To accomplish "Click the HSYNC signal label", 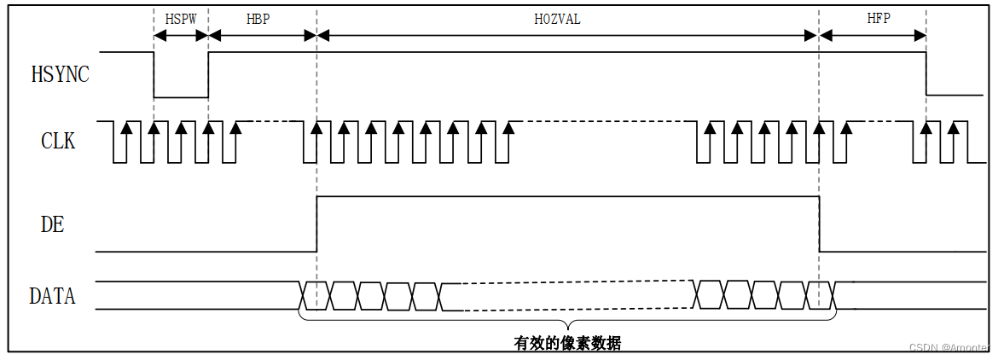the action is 60,74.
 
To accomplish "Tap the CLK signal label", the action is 58,141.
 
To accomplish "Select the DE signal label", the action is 53,224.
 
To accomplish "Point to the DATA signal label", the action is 52,297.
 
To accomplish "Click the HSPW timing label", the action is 180,19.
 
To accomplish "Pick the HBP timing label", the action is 258,19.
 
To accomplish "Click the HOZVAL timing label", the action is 556,19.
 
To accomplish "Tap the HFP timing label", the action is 879,19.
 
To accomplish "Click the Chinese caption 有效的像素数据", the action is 567,344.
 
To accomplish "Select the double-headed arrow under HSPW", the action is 181,35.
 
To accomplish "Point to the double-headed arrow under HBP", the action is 262,35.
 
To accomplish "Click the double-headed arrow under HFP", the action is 873,35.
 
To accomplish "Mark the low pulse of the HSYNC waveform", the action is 181,96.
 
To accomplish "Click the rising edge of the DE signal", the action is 316,224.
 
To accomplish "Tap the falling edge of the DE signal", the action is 820,224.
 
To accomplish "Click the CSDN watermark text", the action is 949,347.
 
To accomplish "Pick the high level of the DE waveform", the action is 567,197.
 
